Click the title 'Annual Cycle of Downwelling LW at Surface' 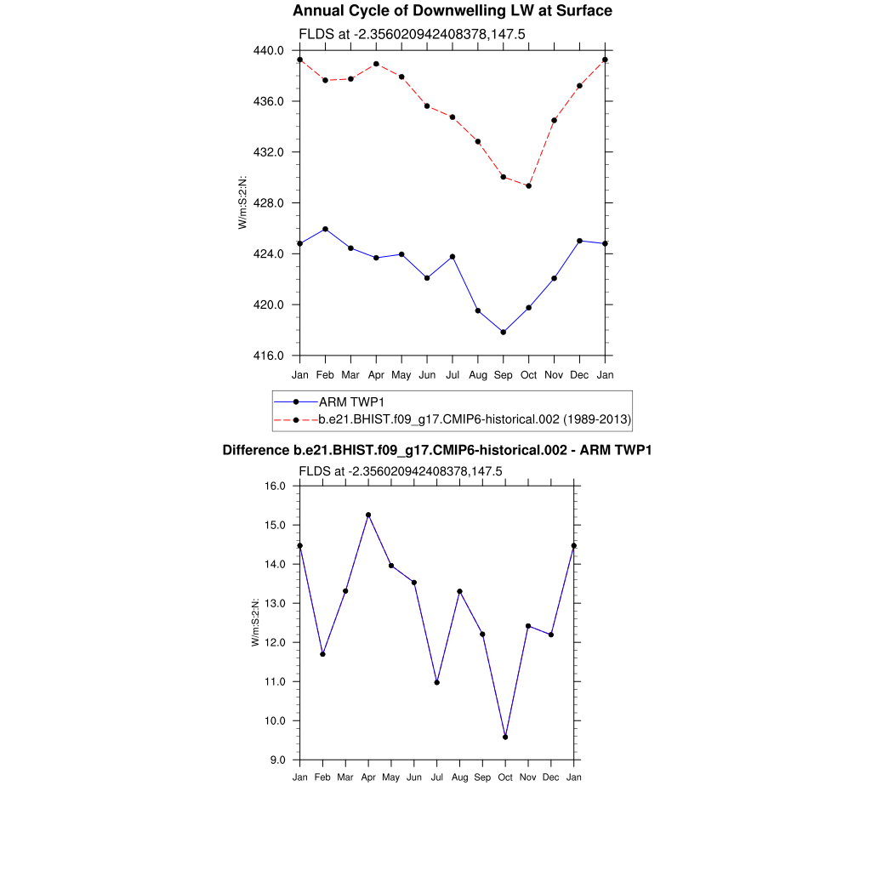point(452,11)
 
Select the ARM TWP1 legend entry point(350,401)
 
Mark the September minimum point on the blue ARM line point(504,332)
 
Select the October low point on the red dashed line point(529,185)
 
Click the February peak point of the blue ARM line point(325,229)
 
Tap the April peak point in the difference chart point(368,515)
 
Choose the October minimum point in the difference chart point(505,737)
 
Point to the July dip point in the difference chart point(436,682)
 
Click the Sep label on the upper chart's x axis point(504,374)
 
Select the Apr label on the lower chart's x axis point(368,777)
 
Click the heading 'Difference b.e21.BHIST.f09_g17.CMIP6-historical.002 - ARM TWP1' point(436,450)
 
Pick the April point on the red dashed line point(376,64)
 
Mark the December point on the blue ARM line point(580,241)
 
